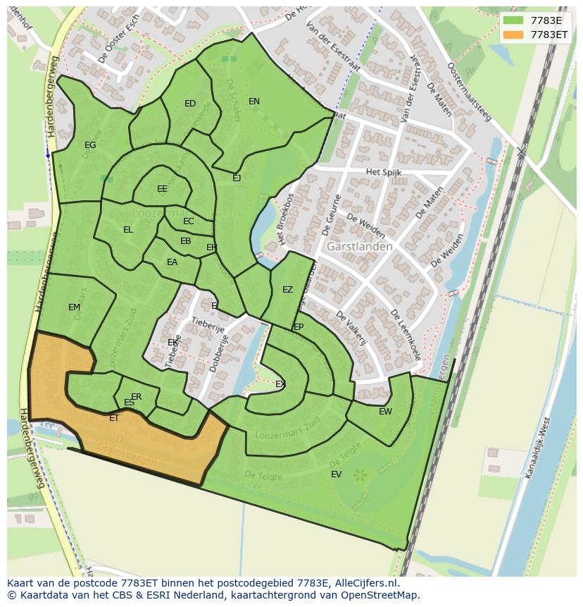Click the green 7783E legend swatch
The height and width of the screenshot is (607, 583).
click(513, 20)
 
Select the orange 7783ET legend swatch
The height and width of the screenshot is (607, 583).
click(513, 35)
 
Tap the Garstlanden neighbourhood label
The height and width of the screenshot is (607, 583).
click(359, 247)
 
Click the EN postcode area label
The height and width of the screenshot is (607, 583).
click(254, 102)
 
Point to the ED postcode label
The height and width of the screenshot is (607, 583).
click(190, 104)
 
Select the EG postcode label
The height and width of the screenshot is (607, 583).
click(90, 145)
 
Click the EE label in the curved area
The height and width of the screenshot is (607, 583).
click(163, 189)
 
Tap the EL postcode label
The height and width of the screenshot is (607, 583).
click(128, 230)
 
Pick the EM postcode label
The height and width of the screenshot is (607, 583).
click(75, 307)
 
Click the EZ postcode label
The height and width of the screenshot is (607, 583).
click(287, 290)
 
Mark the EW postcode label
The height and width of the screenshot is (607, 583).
click(385, 412)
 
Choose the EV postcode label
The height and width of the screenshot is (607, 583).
click(336, 474)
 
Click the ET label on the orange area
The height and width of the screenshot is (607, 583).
click(114, 418)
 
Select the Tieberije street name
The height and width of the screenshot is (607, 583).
click(208, 325)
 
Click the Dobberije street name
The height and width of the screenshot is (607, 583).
click(219, 353)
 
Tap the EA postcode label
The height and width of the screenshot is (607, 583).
click(173, 262)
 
